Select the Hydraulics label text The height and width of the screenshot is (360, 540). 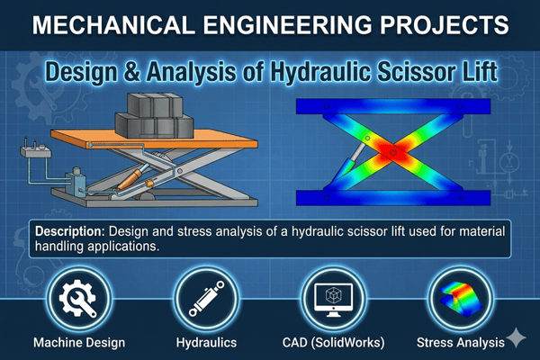[205, 343]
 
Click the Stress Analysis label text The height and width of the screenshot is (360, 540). [459, 343]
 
